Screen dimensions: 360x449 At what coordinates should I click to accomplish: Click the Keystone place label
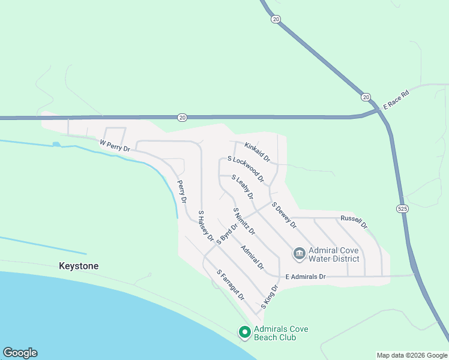(79, 266)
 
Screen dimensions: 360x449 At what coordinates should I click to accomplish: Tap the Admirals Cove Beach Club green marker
(244, 332)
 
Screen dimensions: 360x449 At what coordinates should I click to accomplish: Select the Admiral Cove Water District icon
(299, 254)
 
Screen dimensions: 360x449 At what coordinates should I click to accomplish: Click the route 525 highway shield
(402, 208)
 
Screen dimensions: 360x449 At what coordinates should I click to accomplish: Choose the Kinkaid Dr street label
(257, 150)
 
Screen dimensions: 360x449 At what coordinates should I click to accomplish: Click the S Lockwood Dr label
(246, 169)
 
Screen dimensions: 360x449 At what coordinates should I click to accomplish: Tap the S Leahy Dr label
(243, 187)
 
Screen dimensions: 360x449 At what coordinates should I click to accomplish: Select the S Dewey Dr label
(284, 215)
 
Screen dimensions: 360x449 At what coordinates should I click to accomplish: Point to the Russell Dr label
(354, 221)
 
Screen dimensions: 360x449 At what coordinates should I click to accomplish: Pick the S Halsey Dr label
(206, 225)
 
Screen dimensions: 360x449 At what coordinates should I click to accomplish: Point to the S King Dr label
(270, 298)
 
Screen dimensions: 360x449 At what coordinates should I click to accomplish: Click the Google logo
(20, 353)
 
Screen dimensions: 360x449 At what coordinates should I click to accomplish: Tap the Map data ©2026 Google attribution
(411, 355)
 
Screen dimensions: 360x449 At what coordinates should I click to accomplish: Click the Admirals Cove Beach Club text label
(275, 333)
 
